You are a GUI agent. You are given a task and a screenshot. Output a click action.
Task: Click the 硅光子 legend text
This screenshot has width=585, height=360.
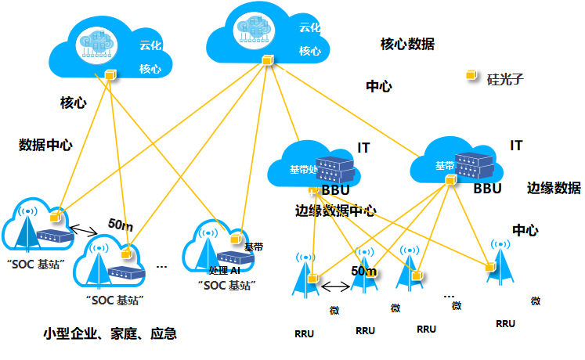coord(505,79)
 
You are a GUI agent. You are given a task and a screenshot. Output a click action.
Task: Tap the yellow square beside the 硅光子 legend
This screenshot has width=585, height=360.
coord(471,75)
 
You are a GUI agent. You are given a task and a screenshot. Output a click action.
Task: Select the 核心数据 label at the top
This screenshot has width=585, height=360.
coord(407,44)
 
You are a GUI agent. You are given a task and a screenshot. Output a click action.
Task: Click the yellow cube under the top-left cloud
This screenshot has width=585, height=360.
coord(110,75)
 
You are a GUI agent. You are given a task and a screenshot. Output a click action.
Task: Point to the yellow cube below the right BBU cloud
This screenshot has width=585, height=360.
coord(450,181)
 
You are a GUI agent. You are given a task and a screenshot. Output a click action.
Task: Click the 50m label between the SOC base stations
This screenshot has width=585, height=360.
coord(121,225)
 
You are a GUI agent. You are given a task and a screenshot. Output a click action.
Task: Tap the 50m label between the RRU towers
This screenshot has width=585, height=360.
coord(364,271)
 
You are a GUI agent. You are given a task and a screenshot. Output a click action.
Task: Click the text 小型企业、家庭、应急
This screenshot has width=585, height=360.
coord(110,334)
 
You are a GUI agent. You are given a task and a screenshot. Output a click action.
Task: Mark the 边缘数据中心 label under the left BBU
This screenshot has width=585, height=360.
coord(336,211)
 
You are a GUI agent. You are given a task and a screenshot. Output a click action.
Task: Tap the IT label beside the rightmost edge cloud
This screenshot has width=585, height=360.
coord(516,146)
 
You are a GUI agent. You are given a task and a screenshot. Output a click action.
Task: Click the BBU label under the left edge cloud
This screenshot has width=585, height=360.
coord(335,190)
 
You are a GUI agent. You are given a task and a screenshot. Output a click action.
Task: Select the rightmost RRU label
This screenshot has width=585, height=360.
coord(506,323)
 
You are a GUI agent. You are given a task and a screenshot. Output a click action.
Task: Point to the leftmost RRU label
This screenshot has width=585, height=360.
coord(305,333)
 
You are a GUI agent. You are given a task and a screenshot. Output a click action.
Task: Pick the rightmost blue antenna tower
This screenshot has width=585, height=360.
coord(500,264)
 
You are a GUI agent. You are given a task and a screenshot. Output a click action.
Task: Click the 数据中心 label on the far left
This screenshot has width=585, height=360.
coord(46,145)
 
